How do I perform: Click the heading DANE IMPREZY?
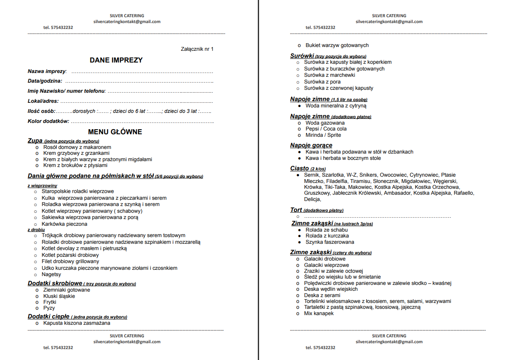click(116, 60)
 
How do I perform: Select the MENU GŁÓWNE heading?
click(115, 132)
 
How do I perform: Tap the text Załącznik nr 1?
click(197, 49)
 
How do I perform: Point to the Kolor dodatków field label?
click(48, 121)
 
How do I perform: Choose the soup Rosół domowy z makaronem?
click(77, 147)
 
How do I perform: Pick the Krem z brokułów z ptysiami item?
click(75, 165)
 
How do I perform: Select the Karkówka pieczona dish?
click(64, 224)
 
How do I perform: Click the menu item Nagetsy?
click(51, 274)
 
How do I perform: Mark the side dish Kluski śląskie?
click(59, 296)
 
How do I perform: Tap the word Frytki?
click(50, 302)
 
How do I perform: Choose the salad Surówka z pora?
click(322, 82)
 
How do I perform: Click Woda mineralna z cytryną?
click(336, 106)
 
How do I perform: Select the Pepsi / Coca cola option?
click(326, 129)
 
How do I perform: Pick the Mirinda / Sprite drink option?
click(323, 135)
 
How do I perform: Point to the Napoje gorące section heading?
click(311, 145)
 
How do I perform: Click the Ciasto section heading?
click(299, 168)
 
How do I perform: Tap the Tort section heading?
click(296, 210)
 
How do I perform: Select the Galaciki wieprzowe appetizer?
click(326, 265)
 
